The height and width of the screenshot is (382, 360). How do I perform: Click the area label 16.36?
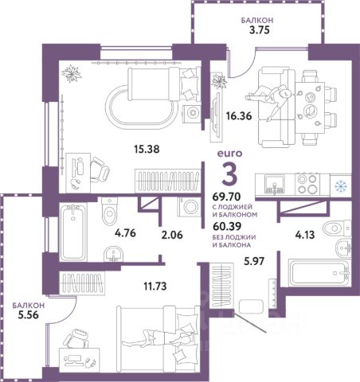coord(239,116)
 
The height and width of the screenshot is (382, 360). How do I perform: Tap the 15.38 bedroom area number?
coord(147,150)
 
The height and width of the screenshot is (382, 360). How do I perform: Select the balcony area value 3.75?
coord(259,30)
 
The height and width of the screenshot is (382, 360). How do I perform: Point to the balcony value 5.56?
coord(28,315)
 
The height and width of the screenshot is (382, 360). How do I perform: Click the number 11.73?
coord(155,286)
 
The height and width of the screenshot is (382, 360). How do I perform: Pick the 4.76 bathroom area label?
coord(125,233)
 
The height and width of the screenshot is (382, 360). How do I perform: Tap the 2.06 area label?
coord(172,235)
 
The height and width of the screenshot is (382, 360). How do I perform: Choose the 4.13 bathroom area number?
coord(305,235)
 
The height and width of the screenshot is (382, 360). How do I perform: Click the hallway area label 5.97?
coord(254,261)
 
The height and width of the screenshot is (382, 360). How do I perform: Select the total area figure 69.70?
coord(227,197)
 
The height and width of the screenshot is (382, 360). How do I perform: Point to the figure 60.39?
coord(227,226)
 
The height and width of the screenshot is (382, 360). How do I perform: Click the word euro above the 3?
coord(229,154)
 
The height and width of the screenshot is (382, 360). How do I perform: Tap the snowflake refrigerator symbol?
coord(340,186)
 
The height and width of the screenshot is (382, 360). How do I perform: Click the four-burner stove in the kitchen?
coord(307,184)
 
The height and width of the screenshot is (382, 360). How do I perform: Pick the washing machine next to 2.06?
coord(190,207)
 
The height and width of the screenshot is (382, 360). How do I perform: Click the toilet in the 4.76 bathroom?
coord(109,211)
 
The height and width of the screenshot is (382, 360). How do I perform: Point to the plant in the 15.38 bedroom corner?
coord(71,73)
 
